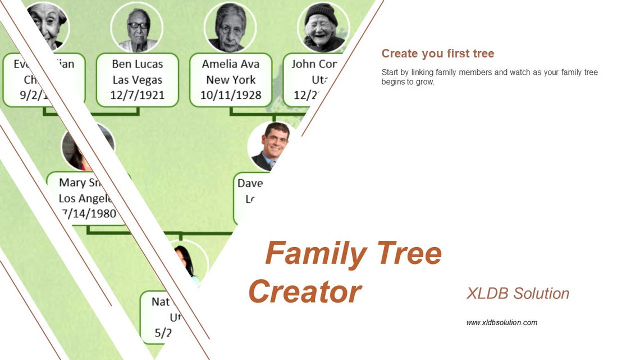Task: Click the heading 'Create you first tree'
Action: coord(437,54)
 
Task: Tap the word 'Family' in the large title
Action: coord(314,253)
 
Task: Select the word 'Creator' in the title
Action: coord(305,291)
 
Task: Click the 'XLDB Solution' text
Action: coord(517,293)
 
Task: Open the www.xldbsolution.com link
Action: coord(501,322)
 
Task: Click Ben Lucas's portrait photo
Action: coord(137,28)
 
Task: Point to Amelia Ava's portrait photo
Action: coord(230,28)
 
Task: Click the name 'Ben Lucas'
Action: coord(137,64)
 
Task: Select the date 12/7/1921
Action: coord(137,95)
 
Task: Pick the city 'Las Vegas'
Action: coord(137,80)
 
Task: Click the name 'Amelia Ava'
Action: coord(230,64)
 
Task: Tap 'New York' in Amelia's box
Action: coord(230,80)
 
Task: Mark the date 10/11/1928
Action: coord(230,95)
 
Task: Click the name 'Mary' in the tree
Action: coord(72,183)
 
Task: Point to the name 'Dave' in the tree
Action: coord(250,183)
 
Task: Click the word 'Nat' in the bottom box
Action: coord(160,302)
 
